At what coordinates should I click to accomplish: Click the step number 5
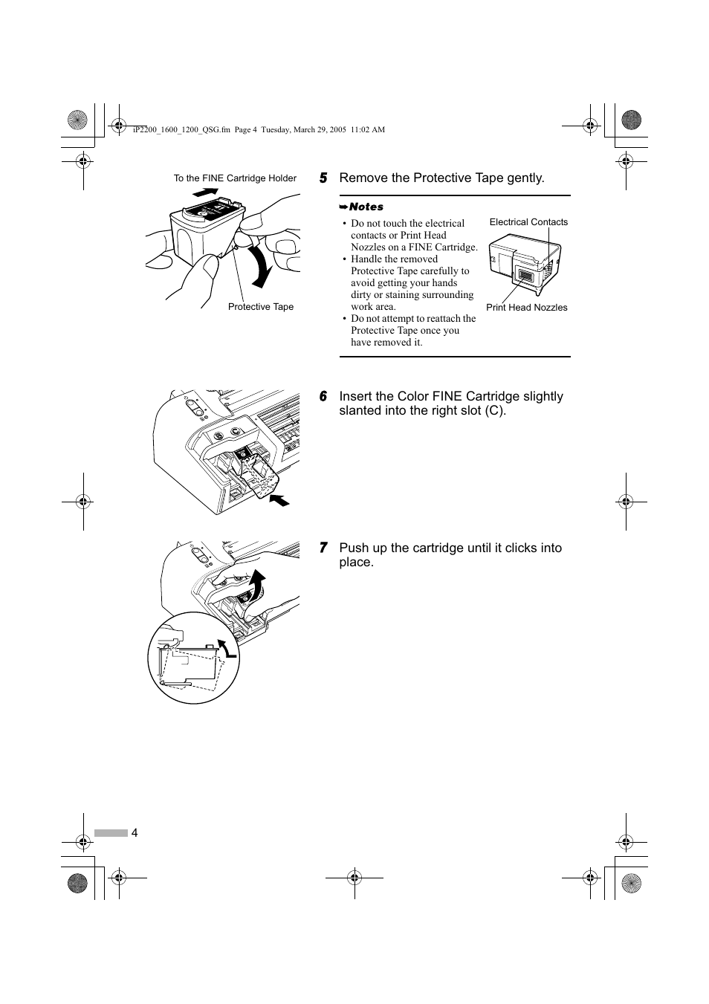pos(323,178)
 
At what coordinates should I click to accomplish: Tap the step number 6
pos(323,397)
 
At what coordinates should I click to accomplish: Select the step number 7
pos(323,548)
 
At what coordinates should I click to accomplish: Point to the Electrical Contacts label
pos(528,222)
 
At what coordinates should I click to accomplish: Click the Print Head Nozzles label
pos(526,308)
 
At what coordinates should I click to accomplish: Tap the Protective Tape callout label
pos(261,307)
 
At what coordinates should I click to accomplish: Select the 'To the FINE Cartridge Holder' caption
pos(235,178)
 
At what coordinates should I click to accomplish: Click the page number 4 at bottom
pos(135,832)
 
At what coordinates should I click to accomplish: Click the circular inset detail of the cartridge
pos(194,658)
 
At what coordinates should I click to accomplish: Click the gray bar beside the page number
pos(111,833)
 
